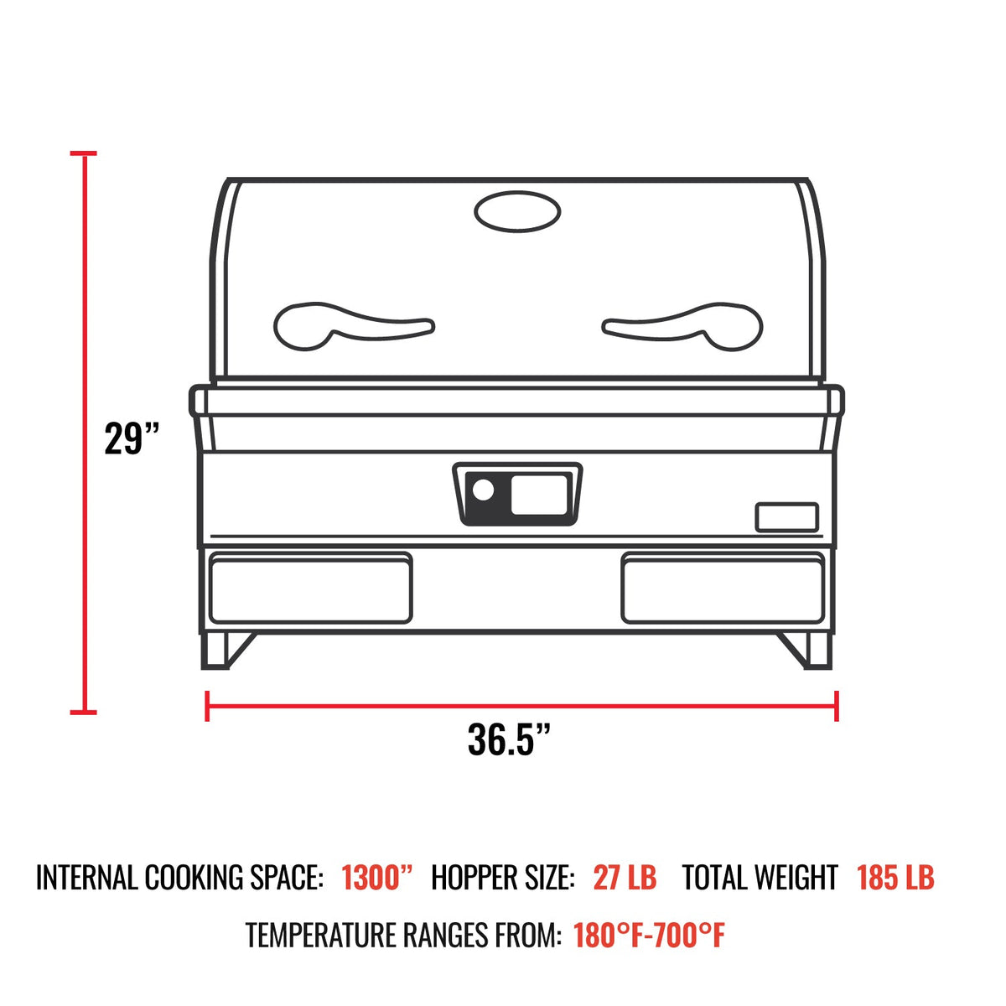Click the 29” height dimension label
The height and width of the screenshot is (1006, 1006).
tap(132, 438)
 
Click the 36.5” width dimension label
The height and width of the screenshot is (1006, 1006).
tap(510, 739)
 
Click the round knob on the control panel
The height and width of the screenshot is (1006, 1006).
tap(483, 490)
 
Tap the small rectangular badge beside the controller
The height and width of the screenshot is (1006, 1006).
tap(786, 517)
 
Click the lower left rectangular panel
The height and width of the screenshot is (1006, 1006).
tap(310, 587)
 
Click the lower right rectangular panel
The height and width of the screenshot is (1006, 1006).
tap(723, 587)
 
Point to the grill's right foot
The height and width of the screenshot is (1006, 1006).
tap(812, 650)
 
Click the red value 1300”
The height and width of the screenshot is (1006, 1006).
tap(378, 878)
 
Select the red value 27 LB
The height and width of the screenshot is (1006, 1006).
tap(625, 878)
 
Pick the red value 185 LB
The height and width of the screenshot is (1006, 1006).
tap(895, 878)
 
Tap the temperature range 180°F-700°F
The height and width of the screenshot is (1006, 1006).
tap(649, 935)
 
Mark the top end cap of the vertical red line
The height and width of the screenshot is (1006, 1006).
tap(83, 154)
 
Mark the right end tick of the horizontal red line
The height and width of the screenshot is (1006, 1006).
tap(836, 705)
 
